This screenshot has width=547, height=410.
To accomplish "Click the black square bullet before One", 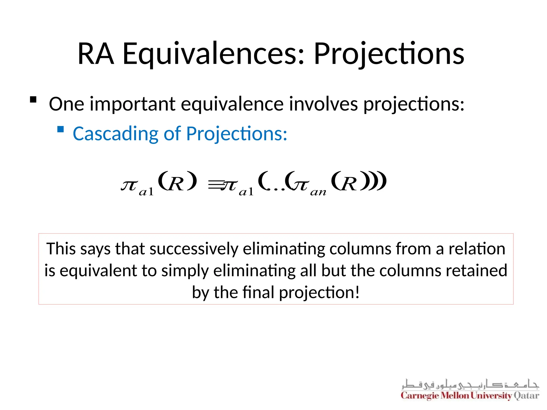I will click(33, 100).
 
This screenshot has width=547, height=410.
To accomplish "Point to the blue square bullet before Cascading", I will click(61, 129).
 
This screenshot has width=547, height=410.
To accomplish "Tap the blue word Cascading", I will click(115, 133).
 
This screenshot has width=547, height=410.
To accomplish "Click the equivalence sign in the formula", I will click(215, 184).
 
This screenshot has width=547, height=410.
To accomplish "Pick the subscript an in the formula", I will click(318, 192).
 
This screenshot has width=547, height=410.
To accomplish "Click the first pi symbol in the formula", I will click(130, 185).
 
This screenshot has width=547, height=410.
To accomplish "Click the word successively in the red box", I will click(194, 249).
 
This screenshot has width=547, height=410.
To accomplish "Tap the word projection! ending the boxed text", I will click(319, 292).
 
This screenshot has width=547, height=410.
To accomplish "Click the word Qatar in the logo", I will click(526, 395).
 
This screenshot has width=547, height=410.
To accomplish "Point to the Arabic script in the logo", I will click(470, 384).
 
